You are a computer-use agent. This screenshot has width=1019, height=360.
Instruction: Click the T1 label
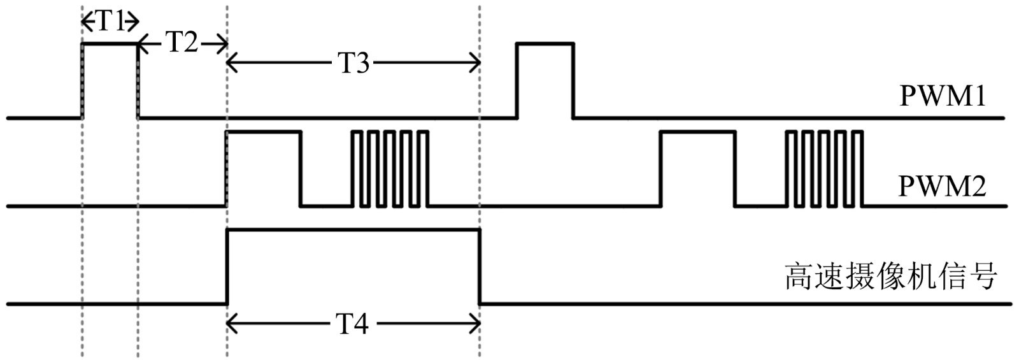(x=110, y=22)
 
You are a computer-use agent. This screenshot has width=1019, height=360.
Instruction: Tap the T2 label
(x=182, y=43)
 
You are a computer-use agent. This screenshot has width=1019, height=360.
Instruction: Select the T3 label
(x=353, y=63)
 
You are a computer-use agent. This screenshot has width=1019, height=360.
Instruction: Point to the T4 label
(x=353, y=325)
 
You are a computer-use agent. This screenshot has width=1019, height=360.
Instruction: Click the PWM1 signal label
(x=943, y=97)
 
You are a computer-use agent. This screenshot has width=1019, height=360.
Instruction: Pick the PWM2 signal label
(x=943, y=187)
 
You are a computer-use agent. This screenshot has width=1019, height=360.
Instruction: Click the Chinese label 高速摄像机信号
(x=890, y=277)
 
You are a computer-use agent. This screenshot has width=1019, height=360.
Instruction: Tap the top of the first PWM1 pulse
(x=110, y=44)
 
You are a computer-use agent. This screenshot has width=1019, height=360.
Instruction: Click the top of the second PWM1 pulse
(x=545, y=43)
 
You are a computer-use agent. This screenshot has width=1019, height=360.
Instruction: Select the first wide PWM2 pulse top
(x=263, y=132)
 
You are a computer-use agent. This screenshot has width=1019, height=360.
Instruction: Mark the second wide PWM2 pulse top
(x=698, y=132)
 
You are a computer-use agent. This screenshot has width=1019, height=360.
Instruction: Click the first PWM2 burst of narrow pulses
(x=390, y=169)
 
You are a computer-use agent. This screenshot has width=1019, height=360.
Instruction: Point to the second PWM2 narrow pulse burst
(x=824, y=169)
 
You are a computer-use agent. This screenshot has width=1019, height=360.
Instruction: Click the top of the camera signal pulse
(x=353, y=229)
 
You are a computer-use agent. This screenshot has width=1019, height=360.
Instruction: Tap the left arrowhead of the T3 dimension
(x=231, y=63)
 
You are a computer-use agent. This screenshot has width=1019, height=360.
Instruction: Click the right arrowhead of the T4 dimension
(x=476, y=325)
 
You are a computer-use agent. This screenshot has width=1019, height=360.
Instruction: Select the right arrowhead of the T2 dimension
(x=223, y=44)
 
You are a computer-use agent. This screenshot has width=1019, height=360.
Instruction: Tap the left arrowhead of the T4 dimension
(x=231, y=325)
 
